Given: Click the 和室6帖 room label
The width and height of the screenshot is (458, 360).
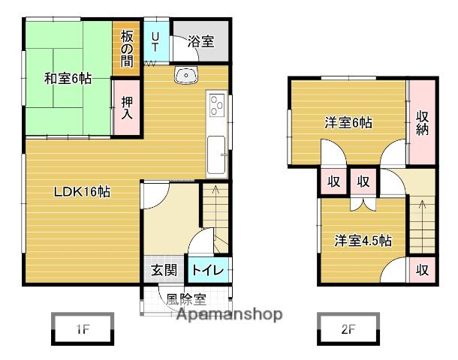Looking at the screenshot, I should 68,78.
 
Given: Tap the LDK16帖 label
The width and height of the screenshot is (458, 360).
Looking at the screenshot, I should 82,193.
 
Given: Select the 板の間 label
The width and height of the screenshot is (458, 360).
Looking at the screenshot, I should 126,49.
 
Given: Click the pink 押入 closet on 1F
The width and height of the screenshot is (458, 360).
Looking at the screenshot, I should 126,109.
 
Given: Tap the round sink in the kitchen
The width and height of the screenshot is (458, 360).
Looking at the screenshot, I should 185,75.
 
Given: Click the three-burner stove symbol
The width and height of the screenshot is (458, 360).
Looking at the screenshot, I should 217,104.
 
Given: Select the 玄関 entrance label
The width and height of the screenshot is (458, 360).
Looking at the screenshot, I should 164,271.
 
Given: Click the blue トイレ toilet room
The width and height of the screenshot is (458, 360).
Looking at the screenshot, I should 207,271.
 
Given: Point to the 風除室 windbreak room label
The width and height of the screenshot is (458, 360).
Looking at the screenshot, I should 186,299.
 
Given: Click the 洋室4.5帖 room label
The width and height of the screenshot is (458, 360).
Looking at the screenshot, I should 363,241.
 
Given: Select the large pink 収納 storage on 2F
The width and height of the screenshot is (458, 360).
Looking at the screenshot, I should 422,121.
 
